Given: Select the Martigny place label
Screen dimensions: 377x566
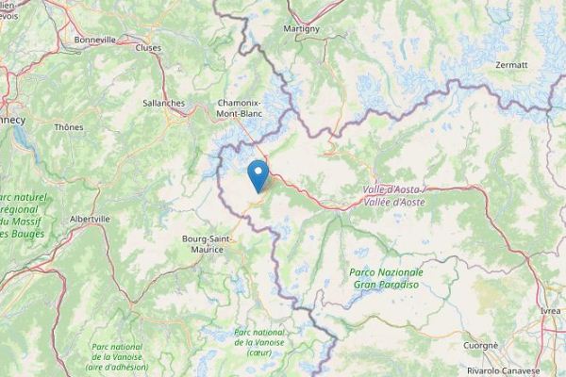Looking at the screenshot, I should tap(303, 29).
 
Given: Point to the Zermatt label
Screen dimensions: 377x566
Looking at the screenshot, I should tap(511, 64).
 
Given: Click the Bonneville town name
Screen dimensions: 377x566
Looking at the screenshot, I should tap(95, 41).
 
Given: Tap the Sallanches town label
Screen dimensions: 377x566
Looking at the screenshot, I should tap(163, 104).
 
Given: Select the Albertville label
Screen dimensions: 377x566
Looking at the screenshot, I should tap(90, 218).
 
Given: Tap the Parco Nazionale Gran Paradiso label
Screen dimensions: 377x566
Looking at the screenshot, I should tap(386, 274).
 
